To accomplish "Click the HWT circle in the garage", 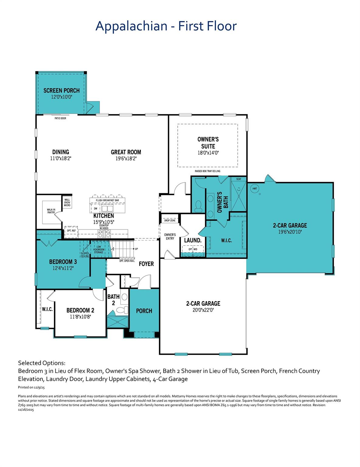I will coord(255,189).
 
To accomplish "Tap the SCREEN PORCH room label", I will coord(61,91).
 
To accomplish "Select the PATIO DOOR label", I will coord(60,118).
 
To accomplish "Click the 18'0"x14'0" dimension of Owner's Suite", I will coord(208,153).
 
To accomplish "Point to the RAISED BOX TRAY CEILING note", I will coord(208,171).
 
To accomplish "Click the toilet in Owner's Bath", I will coord(198,206).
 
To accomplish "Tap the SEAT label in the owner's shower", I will coord(239,179).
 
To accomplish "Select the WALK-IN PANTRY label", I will coord(51,211).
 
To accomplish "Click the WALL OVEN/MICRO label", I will coord(67,202).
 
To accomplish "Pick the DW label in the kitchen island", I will coord(96,209).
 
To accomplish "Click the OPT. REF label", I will coord(71,231).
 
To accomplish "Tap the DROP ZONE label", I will coord(170,220).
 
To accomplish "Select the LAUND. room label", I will coord(193,240).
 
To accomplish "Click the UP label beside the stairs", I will coord(136,249).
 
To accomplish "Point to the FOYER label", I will coord(146,264).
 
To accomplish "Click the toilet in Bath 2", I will coord(123,310).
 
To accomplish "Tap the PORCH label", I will coord(144,311).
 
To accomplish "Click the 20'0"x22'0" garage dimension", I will coord(203,310).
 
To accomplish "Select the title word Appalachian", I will coord(131,26).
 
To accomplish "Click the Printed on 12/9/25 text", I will coord(31,387).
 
